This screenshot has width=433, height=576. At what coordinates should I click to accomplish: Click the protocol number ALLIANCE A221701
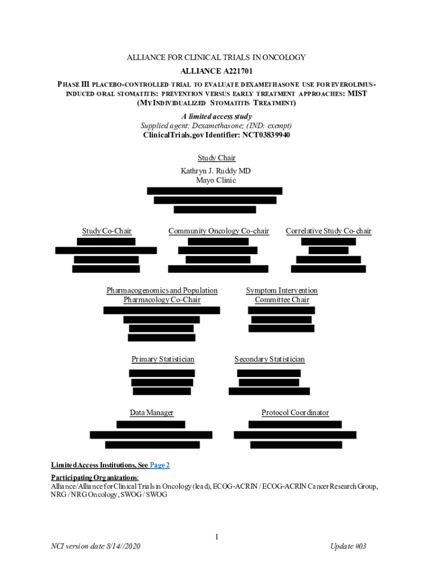tap(216, 71)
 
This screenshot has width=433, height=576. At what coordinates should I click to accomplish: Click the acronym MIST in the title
tap(357, 93)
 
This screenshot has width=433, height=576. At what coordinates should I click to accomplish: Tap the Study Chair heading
tap(216, 158)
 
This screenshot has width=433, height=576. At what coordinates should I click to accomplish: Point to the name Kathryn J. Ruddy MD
tap(216, 170)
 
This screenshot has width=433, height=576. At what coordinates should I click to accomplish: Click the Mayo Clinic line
tap(216, 181)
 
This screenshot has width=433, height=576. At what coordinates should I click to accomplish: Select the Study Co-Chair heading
tap(107, 231)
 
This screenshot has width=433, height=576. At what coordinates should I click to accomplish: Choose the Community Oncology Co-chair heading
tap(218, 231)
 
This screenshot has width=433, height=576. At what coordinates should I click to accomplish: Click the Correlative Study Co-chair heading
tap(328, 231)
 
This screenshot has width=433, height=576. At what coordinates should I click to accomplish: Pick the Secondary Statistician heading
tap(269, 359)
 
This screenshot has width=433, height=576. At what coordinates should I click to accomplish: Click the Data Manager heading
tap(152, 413)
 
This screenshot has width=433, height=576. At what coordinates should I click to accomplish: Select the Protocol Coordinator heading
tap(295, 413)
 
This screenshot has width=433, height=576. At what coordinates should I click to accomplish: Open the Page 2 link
tap(160, 465)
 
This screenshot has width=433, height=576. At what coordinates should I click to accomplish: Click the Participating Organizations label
tap(94, 478)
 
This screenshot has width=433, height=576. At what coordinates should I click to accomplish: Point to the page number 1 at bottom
tap(216, 538)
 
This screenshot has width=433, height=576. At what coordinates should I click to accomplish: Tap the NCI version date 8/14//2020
tap(94, 547)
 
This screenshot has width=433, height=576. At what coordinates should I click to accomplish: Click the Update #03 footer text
tap(349, 547)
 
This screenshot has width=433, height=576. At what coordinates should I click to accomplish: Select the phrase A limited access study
tap(216, 116)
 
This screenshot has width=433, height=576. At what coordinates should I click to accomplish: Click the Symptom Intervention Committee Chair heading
tap(282, 295)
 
